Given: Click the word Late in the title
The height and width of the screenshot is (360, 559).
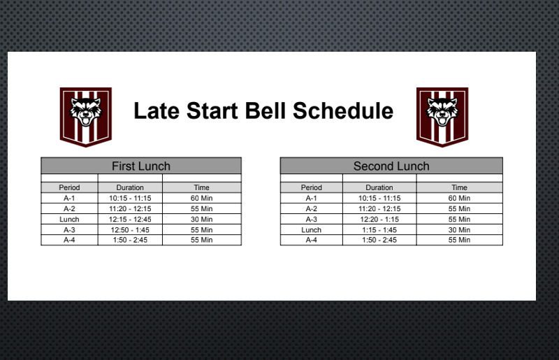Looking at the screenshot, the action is [x=157, y=110].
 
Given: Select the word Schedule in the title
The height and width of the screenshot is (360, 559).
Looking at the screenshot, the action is [x=343, y=110].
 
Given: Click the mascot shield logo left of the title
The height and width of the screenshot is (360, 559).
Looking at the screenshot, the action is [x=85, y=117].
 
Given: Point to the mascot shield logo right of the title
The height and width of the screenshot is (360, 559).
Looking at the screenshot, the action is [x=442, y=117].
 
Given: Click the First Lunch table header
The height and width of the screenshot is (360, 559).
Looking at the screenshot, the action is [x=141, y=166].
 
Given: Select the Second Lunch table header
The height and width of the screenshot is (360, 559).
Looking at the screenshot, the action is [x=391, y=166].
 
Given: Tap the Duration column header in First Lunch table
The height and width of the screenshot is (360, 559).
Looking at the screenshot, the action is [x=130, y=187].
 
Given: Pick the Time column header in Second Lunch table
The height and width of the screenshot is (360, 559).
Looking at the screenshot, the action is [x=460, y=187].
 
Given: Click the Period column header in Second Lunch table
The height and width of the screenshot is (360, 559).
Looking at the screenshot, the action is [x=311, y=187].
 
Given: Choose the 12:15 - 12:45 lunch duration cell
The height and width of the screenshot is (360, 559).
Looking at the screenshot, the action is [x=130, y=219].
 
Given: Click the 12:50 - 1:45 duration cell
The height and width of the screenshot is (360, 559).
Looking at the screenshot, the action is [x=130, y=230].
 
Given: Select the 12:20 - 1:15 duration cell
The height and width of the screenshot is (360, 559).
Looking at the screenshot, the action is [x=379, y=219].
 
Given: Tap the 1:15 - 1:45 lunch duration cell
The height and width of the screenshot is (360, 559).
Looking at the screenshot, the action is [x=379, y=230].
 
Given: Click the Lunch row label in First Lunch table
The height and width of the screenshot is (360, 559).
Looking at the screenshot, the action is [x=69, y=219].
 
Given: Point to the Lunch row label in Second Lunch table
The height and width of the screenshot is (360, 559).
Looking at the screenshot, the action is [x=311, y=230].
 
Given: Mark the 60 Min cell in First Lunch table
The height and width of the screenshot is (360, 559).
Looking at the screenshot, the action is [x=201, y=198].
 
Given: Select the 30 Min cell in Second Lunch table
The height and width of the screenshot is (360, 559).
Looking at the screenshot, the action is [x=459, y=230].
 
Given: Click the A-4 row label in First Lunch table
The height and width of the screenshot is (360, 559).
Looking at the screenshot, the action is [x=69, y=240].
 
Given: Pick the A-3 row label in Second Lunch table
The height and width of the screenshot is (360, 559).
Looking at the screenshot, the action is [x=311, y=219].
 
